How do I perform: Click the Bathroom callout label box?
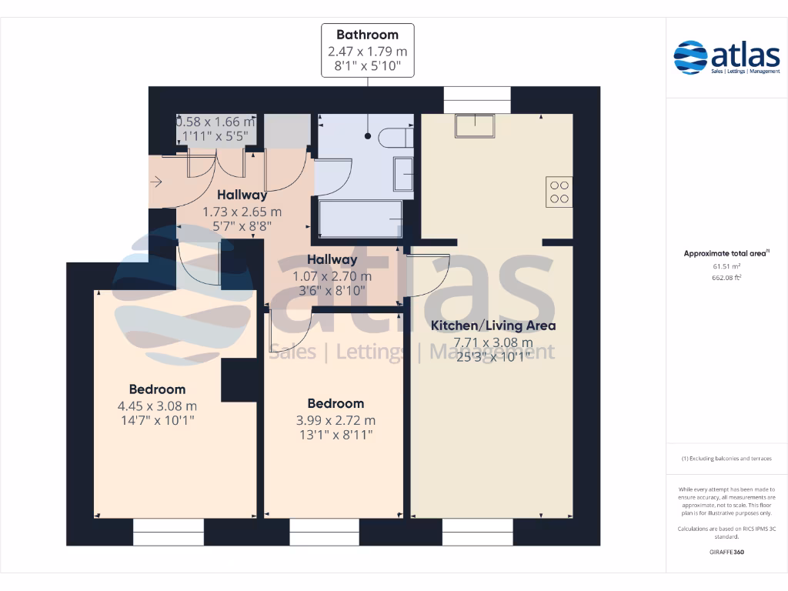coord(367,50)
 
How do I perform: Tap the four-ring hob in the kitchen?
coord(559,192)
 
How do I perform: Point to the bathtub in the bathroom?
coord(361,219)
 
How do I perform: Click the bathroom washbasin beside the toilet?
coord(402,174)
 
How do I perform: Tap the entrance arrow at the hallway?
coord(156,182)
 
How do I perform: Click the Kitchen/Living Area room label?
coord(492,326)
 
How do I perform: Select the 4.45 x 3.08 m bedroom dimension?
coord(157,406)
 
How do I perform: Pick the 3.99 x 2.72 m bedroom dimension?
coord(336,420)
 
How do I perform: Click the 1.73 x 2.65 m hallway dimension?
coord(242,212)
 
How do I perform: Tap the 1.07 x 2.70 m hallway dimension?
coord(332,276)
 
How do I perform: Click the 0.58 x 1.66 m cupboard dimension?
coord(215,122)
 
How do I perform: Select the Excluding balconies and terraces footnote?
coord(726,459)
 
